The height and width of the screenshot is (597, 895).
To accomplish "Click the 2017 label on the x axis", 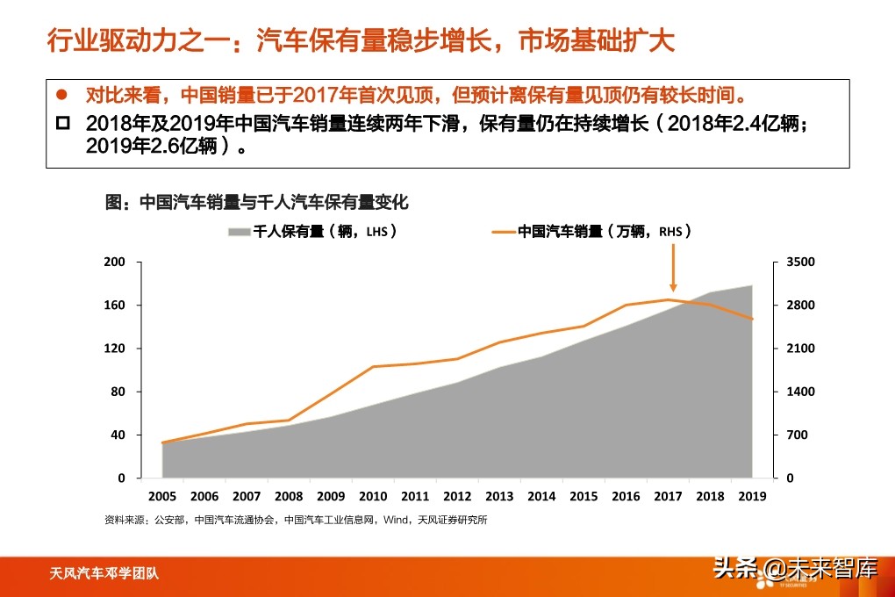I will pyautogui.click(x=668, y=496).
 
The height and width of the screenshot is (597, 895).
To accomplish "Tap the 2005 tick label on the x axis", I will pyautogui.click(x=161, y=496).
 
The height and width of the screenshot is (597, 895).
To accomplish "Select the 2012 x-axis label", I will pyautogui.click(x=457, y=496).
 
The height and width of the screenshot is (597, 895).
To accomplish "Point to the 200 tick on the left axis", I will pyautogui.click(x=116, y=263).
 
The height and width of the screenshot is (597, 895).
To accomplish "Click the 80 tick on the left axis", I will pyautogui.click(x=119, y=392).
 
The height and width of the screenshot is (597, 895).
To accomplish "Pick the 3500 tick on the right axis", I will pyautogui.click(x=801, y=263).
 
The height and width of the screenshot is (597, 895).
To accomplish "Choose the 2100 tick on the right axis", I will pyautogui.click(x=801, y=349).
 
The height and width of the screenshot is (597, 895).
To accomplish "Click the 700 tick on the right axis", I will pyautogui.click(x=798, y=435).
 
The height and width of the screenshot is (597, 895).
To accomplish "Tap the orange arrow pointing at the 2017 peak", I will pyautogui.click(x=673, y=267).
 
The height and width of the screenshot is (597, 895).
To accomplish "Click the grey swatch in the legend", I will pyautogui.click(x=240, y=232).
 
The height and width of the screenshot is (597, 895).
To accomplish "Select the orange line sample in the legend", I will pyautogui.click(x=503, y=232).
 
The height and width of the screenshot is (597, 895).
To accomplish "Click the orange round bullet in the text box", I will pyautogui.click(x=62, y=94).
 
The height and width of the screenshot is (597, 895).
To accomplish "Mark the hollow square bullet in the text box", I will pyautogui.click(x=62, y=124).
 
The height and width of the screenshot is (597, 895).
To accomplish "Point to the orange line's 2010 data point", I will pyautogui.click(x=373, y=366).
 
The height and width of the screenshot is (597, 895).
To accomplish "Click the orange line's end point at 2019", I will pyautogui.click(x=752, y=319).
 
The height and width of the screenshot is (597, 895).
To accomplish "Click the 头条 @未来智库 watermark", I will pyautogui.click(x=795, y=568).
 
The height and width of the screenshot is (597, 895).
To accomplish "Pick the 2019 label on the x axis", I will pyautogui.click(x=752, y=496).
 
